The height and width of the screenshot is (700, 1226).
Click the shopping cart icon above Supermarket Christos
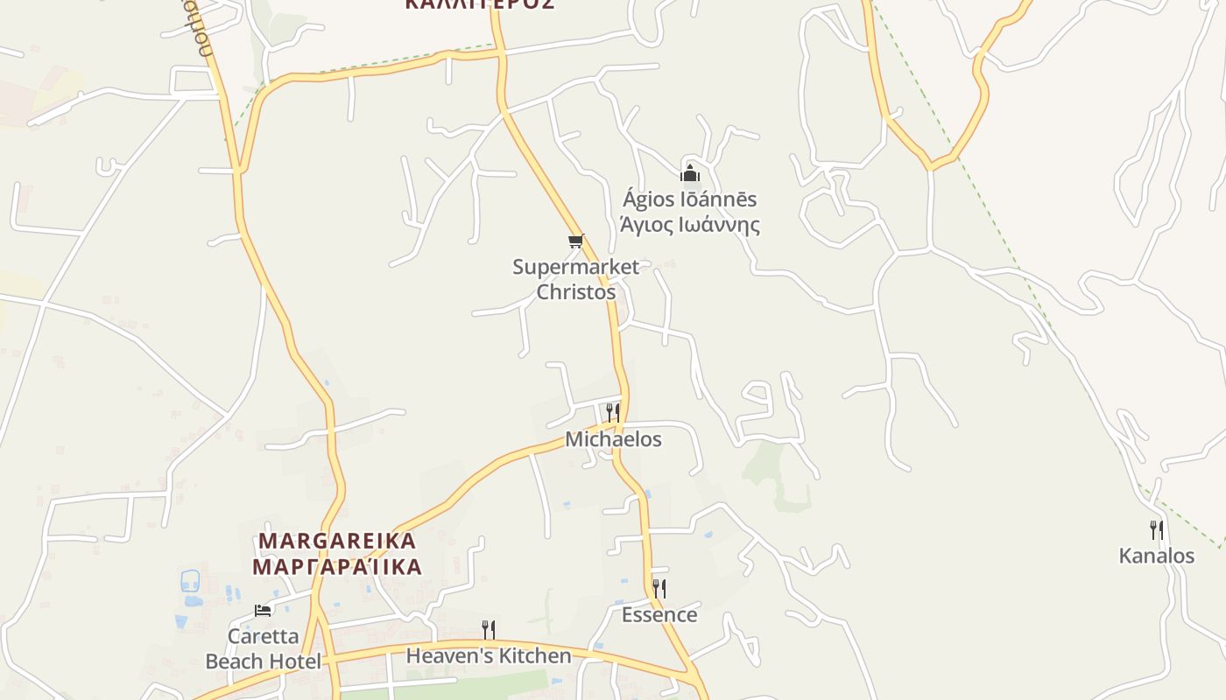[x=575, y=241]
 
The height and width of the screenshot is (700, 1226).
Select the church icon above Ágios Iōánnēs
[x=690, y=172]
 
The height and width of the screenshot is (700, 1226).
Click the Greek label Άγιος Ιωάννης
[x=689, y=225]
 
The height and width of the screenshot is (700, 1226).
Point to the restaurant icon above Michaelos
[x=613, y=412]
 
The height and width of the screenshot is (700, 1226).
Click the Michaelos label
[x=613, y=439]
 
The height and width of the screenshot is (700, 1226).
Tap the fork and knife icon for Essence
[x=659, y=588]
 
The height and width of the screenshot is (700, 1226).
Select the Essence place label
[x=659, y=615]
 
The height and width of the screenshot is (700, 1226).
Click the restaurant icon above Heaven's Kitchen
[x=489, y=629]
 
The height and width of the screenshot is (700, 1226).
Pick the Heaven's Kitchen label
[x=489, y=655]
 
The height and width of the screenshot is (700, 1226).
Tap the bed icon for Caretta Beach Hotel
[x=263, y=610]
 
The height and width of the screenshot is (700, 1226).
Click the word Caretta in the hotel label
[x=263, y=636]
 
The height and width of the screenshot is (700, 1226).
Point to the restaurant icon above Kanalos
[x=1157, y=529]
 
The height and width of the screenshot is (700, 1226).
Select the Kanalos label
[x=1157, y=556]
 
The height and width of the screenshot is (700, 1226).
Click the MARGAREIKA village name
[x=338, y=541]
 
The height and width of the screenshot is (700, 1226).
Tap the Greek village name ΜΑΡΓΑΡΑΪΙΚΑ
[x=338, y=566]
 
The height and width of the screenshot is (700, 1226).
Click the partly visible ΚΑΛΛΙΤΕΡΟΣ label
[x=480, y=3]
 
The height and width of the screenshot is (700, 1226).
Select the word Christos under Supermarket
[x=575, y=292]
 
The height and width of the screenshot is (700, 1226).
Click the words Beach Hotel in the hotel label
[x=263, y=661]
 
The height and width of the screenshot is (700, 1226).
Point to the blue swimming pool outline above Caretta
[x=190, y=580]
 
